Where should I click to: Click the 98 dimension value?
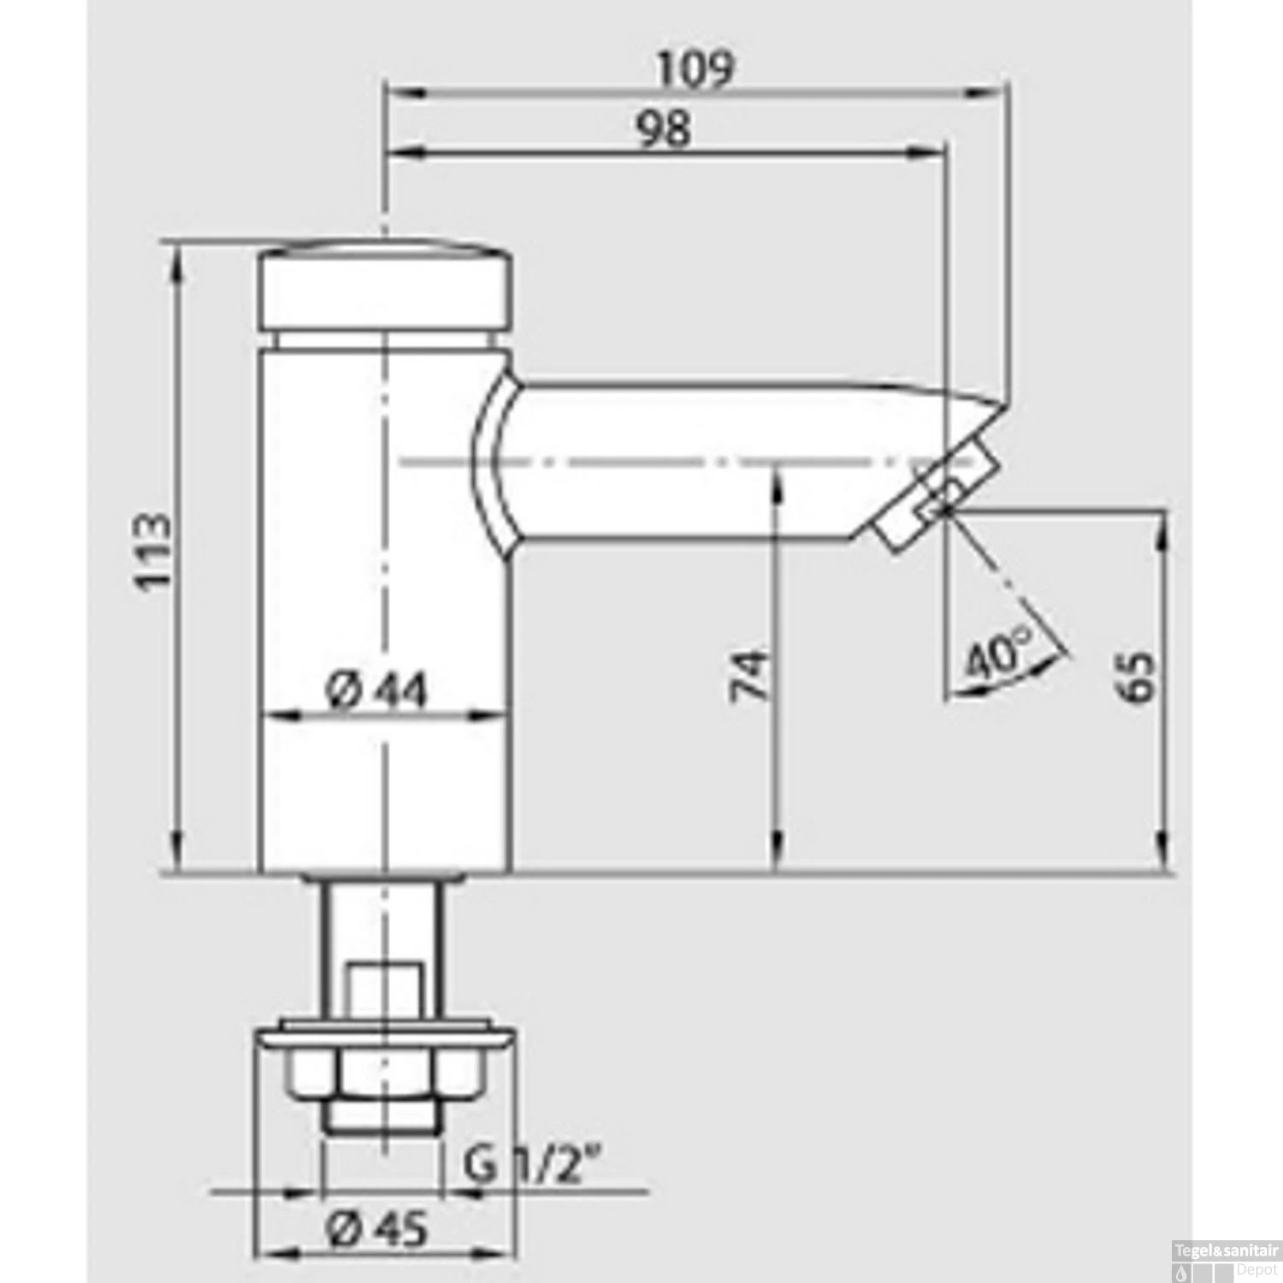[665, 131]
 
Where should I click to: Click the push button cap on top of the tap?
[385, 287]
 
